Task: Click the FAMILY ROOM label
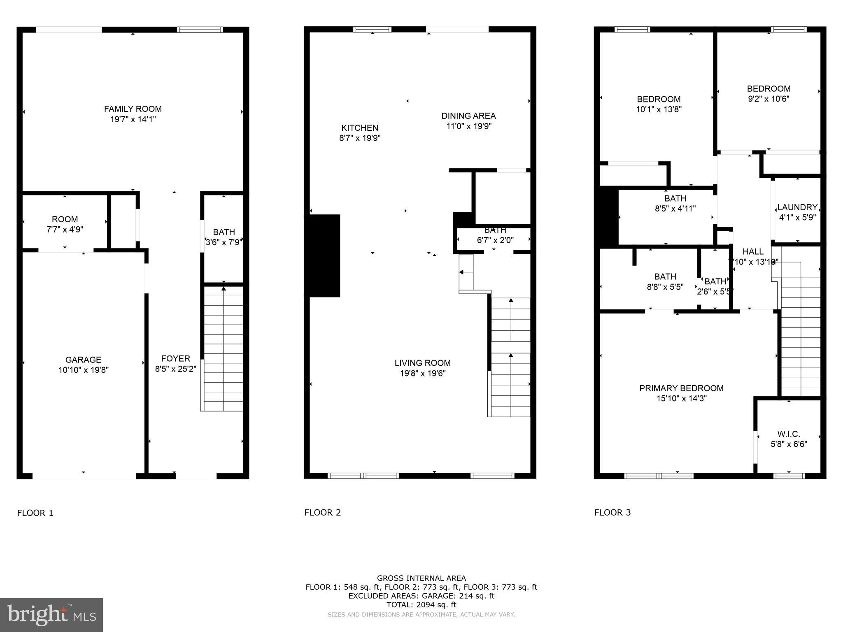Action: (133, 109)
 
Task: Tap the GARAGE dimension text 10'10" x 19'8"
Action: (84, 370)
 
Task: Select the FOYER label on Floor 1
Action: (175, 358)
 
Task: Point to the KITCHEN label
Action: (359, 128)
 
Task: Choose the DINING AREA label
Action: (468, 116)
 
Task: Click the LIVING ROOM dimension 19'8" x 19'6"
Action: (422, 374)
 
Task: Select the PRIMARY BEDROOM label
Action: (681, 388)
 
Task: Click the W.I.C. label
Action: (788, 434)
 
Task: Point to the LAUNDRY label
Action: (797, 207)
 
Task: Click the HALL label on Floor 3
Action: (753, 251)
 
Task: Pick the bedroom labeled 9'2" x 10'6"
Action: (768, 93)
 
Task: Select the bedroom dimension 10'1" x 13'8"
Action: (659, 109)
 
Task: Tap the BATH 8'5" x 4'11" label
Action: (675, 203)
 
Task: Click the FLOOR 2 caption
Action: (323, 512)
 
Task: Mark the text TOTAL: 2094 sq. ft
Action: (421, 605)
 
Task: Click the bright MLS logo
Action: (51, 615)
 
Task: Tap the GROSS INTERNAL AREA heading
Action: (421, 578)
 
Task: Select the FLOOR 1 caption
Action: (35, 513)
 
